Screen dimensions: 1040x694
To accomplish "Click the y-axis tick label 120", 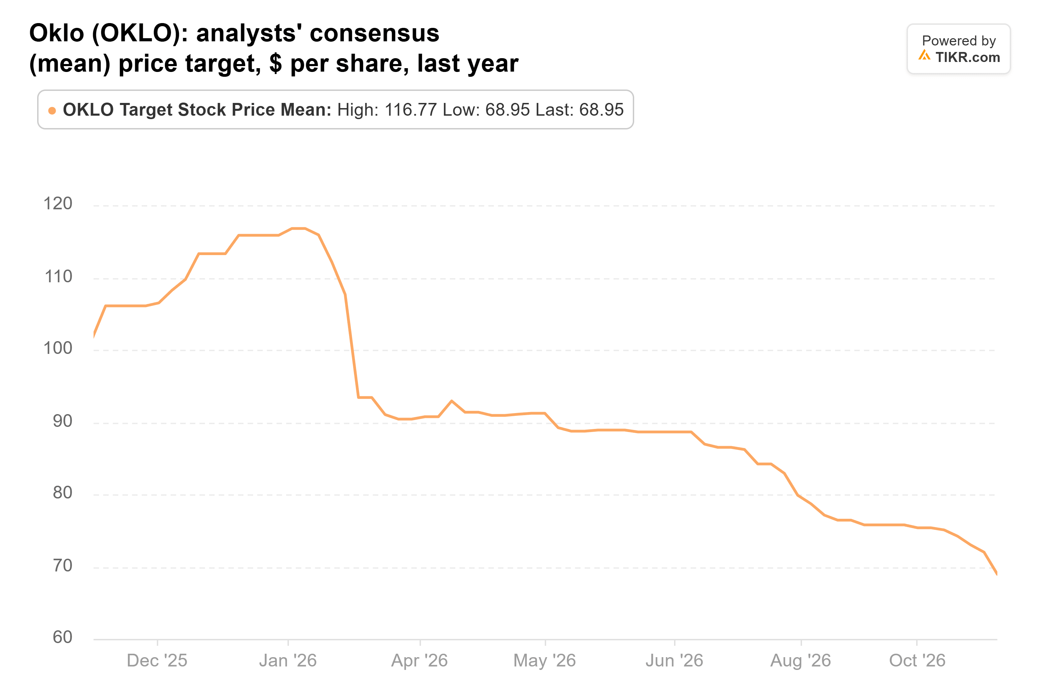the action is pyautogui.click(x=57, y=203).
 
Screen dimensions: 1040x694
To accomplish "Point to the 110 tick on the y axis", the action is pyautogui.click(x=58, y=277).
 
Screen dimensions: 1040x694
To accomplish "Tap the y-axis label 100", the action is pyautogui.click(x=57, y=348).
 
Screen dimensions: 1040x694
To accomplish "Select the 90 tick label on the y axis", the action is pyautogui.click(x=62, y=421).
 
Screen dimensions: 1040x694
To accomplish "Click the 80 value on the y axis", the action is pyautogui.click(x=62, y=493).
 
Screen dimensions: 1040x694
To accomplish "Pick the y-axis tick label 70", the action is pyautogui.click(x=62, y=566).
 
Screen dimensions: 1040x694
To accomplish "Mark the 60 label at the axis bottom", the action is pyautogui.click(x=62, y=637).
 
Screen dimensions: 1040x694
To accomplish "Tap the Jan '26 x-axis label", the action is pyautogui.click(x=288, y=661).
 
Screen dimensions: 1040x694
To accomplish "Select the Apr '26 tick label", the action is pyautogui.click(x=420, y=661).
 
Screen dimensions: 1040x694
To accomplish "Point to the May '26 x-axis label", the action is pyautogui.click(x=545, y=661).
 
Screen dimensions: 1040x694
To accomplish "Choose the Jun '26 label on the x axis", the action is pyautogui.click(x=674, y=661).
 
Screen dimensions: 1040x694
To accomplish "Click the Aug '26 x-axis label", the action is pyautogui.click(x=801, y=661).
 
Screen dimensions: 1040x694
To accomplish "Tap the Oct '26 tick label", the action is pyautogui.click(x=918, y=661).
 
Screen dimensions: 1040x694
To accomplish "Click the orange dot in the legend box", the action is pyautogui.click(x=52, y=111).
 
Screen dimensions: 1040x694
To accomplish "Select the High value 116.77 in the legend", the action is pyautogui.click(x=411, y=110).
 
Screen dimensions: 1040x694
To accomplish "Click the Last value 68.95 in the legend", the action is pyautogui.click(x=602, y=110).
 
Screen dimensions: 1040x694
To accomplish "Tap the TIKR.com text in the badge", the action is pyautogui.click(x=967, y=57).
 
